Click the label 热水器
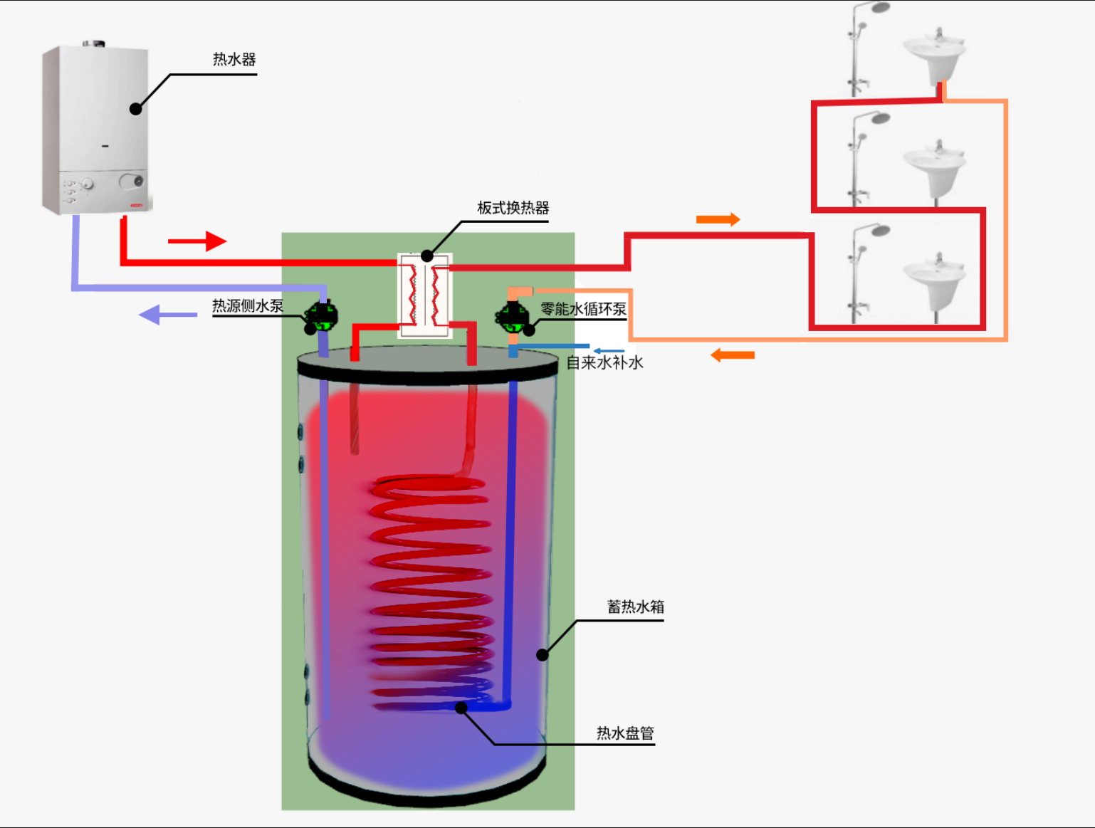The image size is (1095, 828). (x=234, y=60)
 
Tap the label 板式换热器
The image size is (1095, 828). (x=513, y=208)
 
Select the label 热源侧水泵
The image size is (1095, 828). (x=248, y=306)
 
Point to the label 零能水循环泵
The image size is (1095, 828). (x=583, y=309)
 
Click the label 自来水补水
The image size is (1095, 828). (x=604, y=363)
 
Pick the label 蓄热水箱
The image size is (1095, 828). (x=635, y=607)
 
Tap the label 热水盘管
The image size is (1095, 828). (x=624, y=733)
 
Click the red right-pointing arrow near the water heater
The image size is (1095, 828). (x=197, y=241)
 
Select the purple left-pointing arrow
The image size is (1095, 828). (x=168, y=314)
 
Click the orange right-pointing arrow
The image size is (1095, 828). (x=718, y=219)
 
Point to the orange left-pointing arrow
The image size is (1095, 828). (x=733, y=355)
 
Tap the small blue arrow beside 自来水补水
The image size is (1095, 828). (x=609, y=351)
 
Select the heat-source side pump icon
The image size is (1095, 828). (x=322, y=317)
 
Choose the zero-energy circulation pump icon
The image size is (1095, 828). (x=512, y=317)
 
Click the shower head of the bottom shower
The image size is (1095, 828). (x=881, y=231)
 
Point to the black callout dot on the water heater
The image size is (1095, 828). (x=136, y=108)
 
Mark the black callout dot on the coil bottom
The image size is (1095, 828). (x=461, y=708)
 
